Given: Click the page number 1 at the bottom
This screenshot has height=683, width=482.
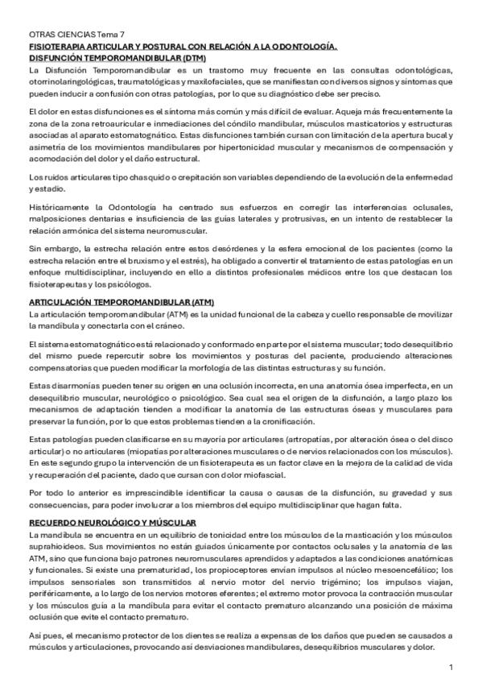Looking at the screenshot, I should click(451, 667).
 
